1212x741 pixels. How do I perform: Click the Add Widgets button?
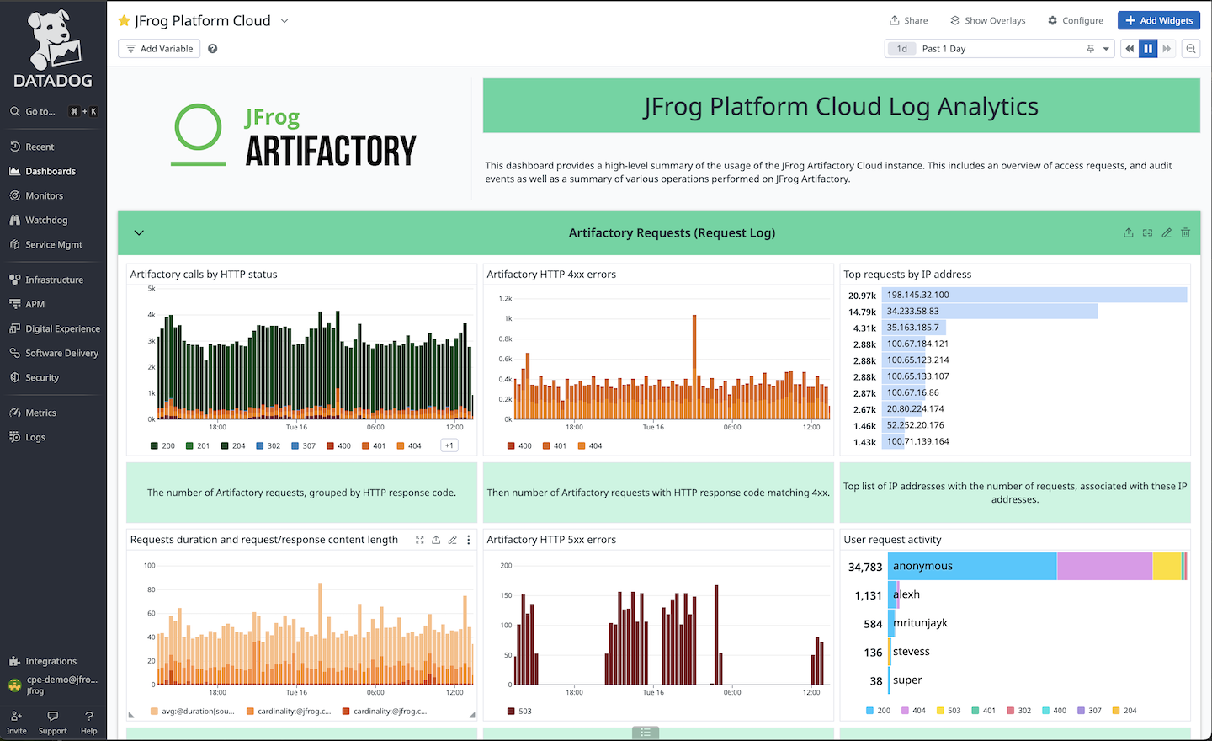(1158, 20)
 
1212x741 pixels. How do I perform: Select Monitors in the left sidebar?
(44, 195)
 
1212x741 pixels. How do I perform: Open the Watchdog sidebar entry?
(46, 220)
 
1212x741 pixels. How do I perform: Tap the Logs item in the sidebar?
(35, 437)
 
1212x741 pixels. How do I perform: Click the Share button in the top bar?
(909, 20)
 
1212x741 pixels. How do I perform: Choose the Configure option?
(1076, 20)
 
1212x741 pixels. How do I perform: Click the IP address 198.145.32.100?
(917, 295)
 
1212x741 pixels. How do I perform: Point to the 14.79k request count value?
(862, 312)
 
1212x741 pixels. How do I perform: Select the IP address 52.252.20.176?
(915, 425)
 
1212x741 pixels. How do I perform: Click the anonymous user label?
(922, 566)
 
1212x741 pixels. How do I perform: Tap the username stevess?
(911, 652)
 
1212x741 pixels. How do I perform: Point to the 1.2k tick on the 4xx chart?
(505, 298)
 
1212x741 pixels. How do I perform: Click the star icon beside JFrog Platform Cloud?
(125, 20)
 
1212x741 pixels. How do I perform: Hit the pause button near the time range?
(1148, 49)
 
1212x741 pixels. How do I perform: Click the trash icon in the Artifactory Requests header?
(1185, 232)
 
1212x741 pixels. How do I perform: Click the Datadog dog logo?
(52, 40)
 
